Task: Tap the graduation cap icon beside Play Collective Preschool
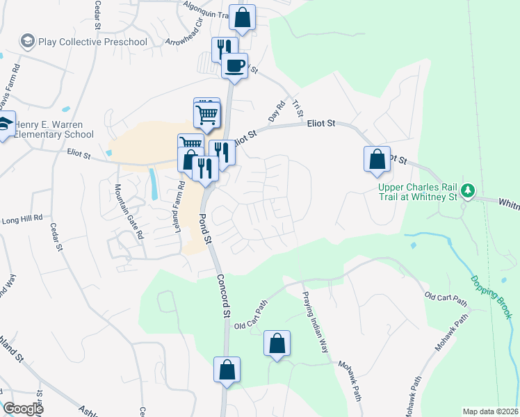(28, 41)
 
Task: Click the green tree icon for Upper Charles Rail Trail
(469, 190)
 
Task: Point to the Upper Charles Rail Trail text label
(420, 193)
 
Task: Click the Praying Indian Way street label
(314, 322)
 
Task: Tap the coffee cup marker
(234, 65)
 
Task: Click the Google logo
(22, 409)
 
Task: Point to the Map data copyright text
(490, 411)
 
